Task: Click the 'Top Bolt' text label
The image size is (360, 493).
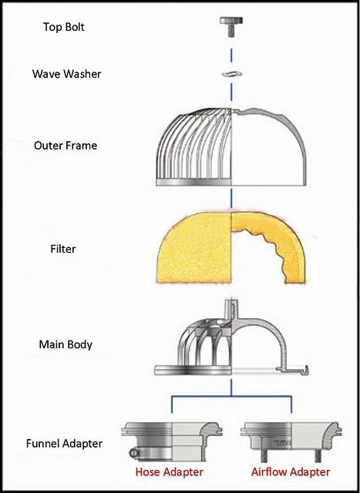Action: coord(64,27)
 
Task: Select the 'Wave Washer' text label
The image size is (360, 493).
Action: coord(66,74)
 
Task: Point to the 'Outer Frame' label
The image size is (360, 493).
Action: coord(66,146)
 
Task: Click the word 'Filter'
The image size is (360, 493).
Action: coord(63,249)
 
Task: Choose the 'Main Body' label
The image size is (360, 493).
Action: coord(66,344)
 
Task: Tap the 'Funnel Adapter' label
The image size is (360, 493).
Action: coord(64,444)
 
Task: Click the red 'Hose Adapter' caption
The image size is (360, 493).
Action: coord(170,471)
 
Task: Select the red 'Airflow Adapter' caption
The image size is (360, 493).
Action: coord(291,471)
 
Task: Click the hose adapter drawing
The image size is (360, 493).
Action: coord(172,441)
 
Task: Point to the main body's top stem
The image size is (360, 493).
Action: coord(231,310)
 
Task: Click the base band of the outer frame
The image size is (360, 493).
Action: coord(193,182)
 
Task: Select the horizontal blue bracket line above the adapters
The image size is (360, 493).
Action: coord(231,397)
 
